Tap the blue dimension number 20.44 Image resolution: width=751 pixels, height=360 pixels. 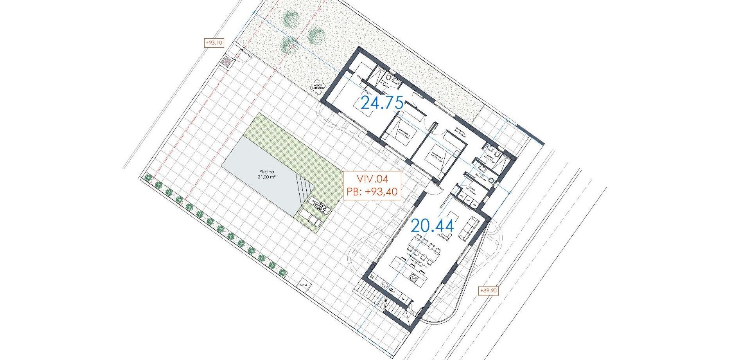[432, 226]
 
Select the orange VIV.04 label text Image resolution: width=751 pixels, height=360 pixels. [372, 179]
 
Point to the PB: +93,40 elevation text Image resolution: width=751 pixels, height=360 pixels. [372, 192]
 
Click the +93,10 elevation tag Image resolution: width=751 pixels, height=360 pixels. [214, 43]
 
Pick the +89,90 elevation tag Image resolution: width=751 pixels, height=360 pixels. [489, 291]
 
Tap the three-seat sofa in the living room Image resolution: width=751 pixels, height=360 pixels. [468, 229]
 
